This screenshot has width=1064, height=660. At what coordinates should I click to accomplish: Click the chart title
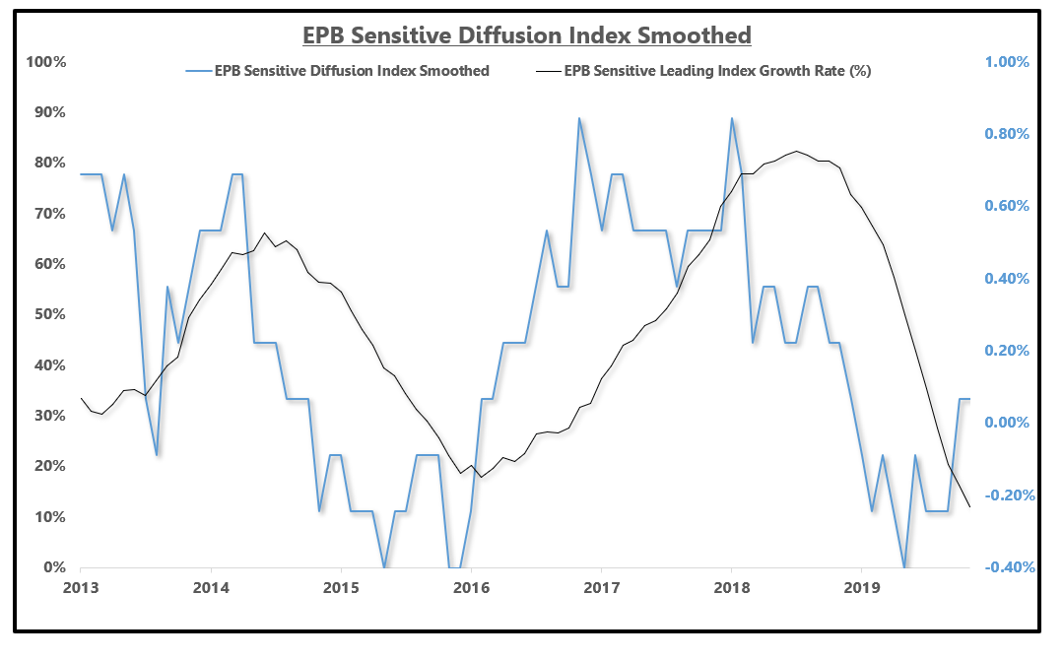click(x=526, y=35)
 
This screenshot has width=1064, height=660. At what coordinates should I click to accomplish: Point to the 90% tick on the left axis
click(x=46, y=112)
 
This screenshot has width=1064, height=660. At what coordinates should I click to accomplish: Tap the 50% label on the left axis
click(x=46, y=314)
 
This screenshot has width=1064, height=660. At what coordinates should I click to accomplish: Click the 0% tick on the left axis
click(x=51, y=567)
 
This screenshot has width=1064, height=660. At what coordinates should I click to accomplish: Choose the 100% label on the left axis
click(x=43, y=61)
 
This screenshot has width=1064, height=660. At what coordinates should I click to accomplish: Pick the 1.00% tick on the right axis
click(x=1006, y=61)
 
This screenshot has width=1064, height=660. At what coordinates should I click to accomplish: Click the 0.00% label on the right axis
click(x=1006, y=423)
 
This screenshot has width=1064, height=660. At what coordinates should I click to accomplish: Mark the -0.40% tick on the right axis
click(x=1004, y=567)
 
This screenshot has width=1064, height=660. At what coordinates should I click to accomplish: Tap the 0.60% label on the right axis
click(x=1006, y=206)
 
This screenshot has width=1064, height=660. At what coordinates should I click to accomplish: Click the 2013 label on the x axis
click(x=80, y=588)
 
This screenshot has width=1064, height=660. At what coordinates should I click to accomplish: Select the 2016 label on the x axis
click(x=471, y=588)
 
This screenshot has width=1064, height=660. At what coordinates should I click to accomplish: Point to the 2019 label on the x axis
click(x=862, y=588)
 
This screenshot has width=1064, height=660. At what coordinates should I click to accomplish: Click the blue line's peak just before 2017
click(x=579, y=118)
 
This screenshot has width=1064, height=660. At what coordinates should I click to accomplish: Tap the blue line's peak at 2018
click(x=731, y=118)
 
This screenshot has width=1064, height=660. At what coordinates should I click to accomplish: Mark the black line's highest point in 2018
click(x=796, y=151)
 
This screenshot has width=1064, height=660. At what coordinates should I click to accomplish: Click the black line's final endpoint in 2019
click(x=970, y=507)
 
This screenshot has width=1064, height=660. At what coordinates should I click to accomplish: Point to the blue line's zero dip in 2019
click(x=904, y=567)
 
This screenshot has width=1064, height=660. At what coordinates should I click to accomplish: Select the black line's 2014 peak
click(x=264, y=233)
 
